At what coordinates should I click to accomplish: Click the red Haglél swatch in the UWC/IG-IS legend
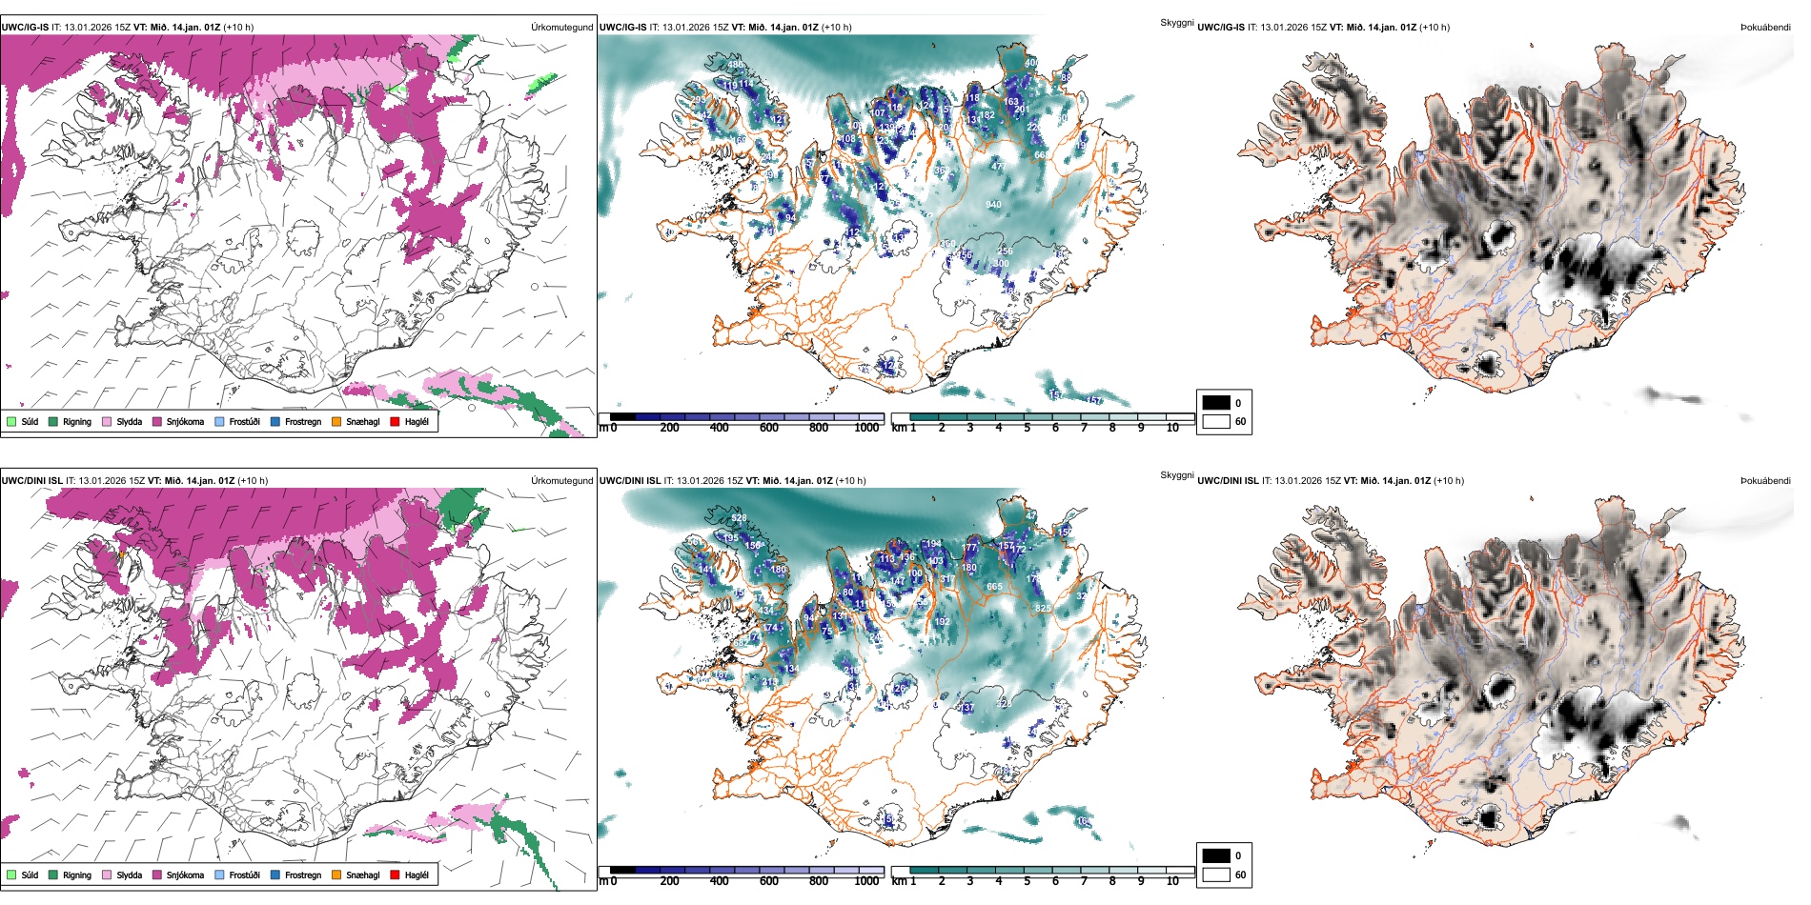coord(394,421)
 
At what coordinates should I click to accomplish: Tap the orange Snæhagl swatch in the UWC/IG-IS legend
coord(336,421)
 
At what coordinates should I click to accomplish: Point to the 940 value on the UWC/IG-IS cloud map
coord(993,205)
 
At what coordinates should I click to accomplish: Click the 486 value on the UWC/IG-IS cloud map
coord(736,66)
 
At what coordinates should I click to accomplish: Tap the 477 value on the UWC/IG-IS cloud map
coord(998,167)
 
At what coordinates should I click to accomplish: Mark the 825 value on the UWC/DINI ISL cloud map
coord(1043,608)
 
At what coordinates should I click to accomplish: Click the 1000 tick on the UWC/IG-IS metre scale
coord(866,428)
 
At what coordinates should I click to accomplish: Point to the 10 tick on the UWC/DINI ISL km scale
coord(1172,881)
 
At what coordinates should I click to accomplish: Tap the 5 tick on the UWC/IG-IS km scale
coord(1027,428)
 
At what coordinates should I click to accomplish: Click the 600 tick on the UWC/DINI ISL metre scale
coord(768,881)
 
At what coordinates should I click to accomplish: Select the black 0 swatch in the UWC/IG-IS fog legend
coord(1216,403)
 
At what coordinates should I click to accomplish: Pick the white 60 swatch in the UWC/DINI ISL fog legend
coord(1216,875)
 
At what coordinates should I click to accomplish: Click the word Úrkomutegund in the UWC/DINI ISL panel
coord(561,481)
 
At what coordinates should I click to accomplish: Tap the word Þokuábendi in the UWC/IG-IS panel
coord(1765,28)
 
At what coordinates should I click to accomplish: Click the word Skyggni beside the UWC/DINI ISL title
coord(1176,475)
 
